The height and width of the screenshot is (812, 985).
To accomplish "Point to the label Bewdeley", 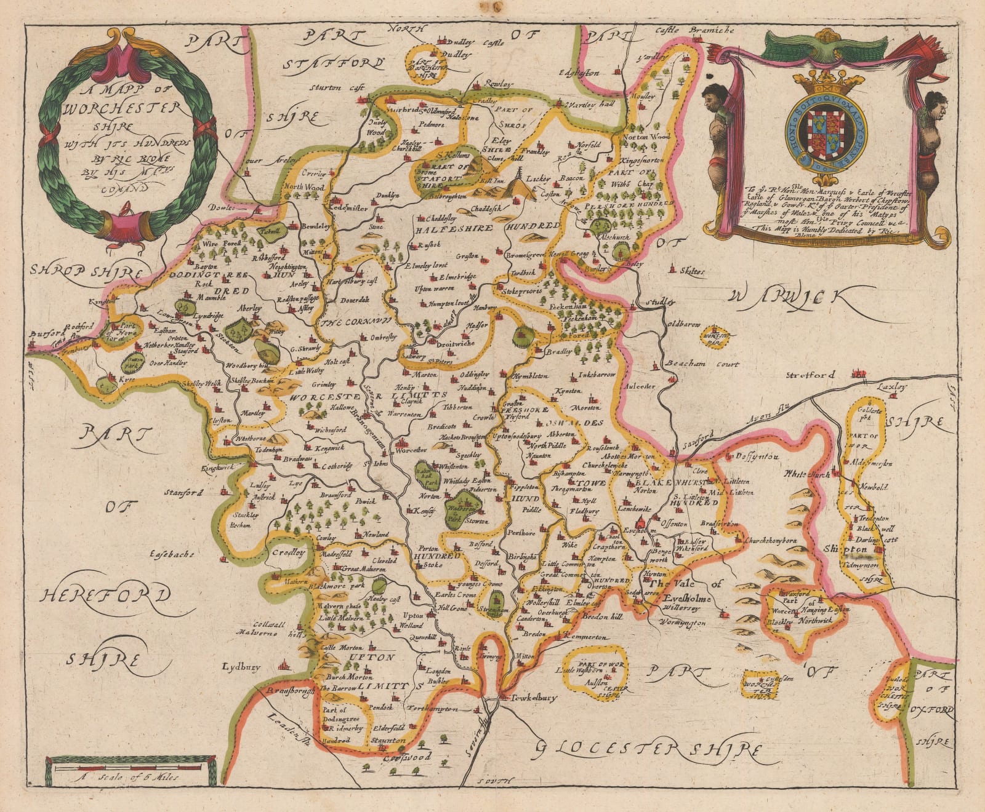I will (x=315, y=227).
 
